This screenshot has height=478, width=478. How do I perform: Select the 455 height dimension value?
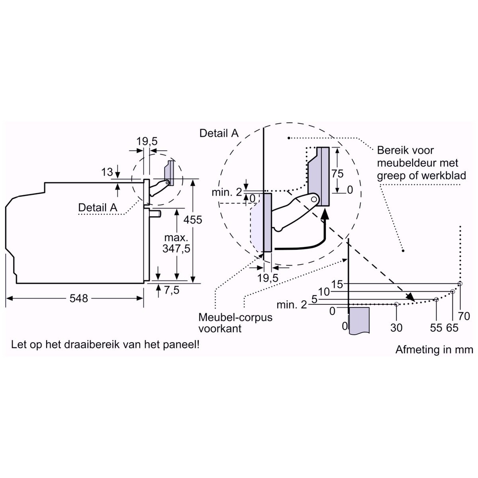[x=193, y=219]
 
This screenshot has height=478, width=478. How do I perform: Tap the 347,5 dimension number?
[x=176, y=249]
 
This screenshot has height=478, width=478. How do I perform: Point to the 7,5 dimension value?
[x=172, y=290]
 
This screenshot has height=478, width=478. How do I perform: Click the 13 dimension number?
[x=107, y=173]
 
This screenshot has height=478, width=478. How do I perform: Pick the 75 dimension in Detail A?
[x=337, y=174]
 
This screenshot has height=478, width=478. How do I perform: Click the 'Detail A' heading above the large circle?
[x=219, y=133]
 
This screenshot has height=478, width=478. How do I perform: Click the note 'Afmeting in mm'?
[x=434, y=350]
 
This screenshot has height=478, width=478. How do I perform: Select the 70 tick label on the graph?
[x=464, y=316]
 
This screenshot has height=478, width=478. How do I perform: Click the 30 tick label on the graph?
[x=396, y=328]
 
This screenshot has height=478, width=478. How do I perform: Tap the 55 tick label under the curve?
[x=436, y=328]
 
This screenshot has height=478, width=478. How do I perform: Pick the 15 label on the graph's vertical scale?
[x=337, y=284]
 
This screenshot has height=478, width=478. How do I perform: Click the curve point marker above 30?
[x=396, y=304]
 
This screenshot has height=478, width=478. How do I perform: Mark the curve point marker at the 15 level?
[x=460, y=283]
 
